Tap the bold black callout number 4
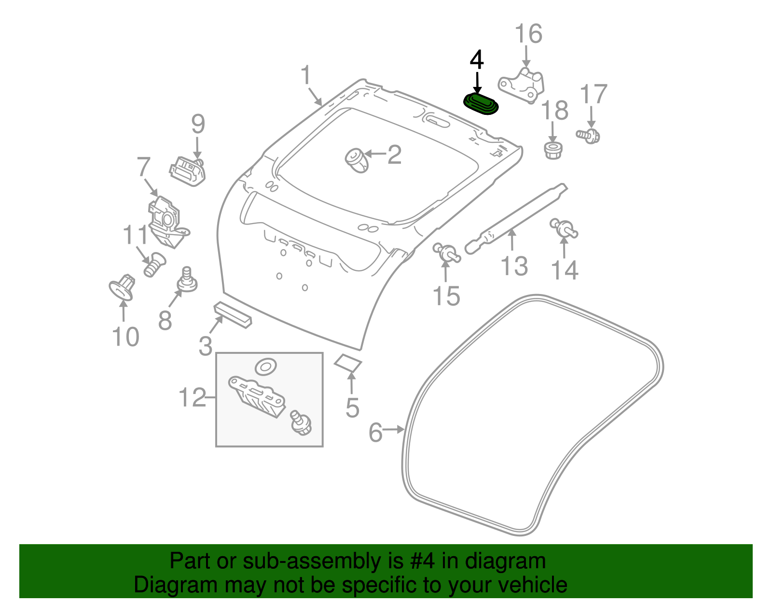[x=477, y=60]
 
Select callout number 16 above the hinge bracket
[x=528, y=34]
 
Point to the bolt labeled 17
[x=589, y=135]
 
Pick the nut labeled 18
[x=553, y=150]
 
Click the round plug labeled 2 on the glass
[x=357, y=160]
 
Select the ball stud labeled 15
[x=447, y=253]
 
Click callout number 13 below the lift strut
[x=514, y=266]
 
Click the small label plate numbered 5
[x=348, y=363]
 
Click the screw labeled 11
[x=154, y=265]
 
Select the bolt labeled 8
[x=187, y=281]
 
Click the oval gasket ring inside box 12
[x=265, y=367]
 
